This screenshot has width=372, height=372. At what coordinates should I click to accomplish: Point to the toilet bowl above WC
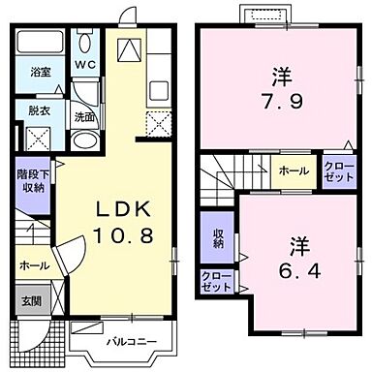pyautogui.click(x=85, y=41)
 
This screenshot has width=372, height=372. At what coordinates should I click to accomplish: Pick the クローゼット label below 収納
pyautogui.click(x=216, y=281)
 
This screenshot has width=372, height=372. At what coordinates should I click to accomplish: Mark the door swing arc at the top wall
pyautogui.click(x=127, y=19)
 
